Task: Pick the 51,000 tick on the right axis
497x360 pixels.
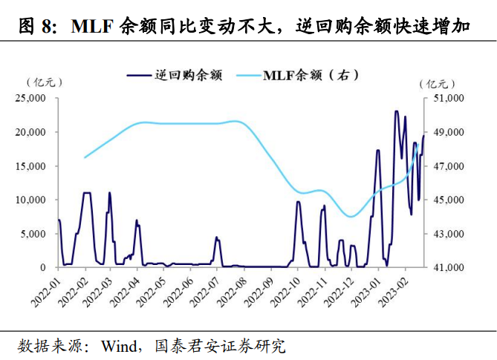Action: (449, 98)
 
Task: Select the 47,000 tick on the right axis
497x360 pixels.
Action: (449, 166)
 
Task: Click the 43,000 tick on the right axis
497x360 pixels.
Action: (449, 233)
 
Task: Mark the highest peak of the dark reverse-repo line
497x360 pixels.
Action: (397, 111)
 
